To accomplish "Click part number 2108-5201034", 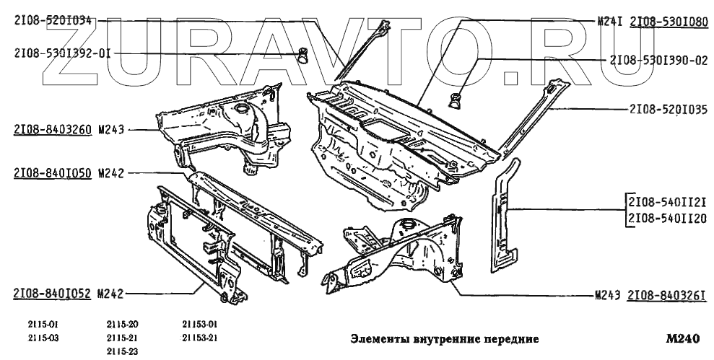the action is click(x=53, y=22).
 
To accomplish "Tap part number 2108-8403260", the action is click(x=51, y=131).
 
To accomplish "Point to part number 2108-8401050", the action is click(x=51, y=173).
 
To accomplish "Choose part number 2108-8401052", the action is click(x=51, y=293).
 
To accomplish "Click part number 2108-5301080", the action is click(x=669, y=22).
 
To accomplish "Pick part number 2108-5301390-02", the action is click(x=658, y=61).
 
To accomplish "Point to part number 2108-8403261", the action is click(x=666, y=296).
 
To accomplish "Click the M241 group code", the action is click(x=610, y=22).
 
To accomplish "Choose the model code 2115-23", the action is click(x=122, y=351).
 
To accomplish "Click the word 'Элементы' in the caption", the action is click(x=378, y=338).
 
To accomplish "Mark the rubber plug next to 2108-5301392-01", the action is click(x=305, y=53).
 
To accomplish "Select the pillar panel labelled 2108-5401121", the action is click(x=506, y=216).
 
